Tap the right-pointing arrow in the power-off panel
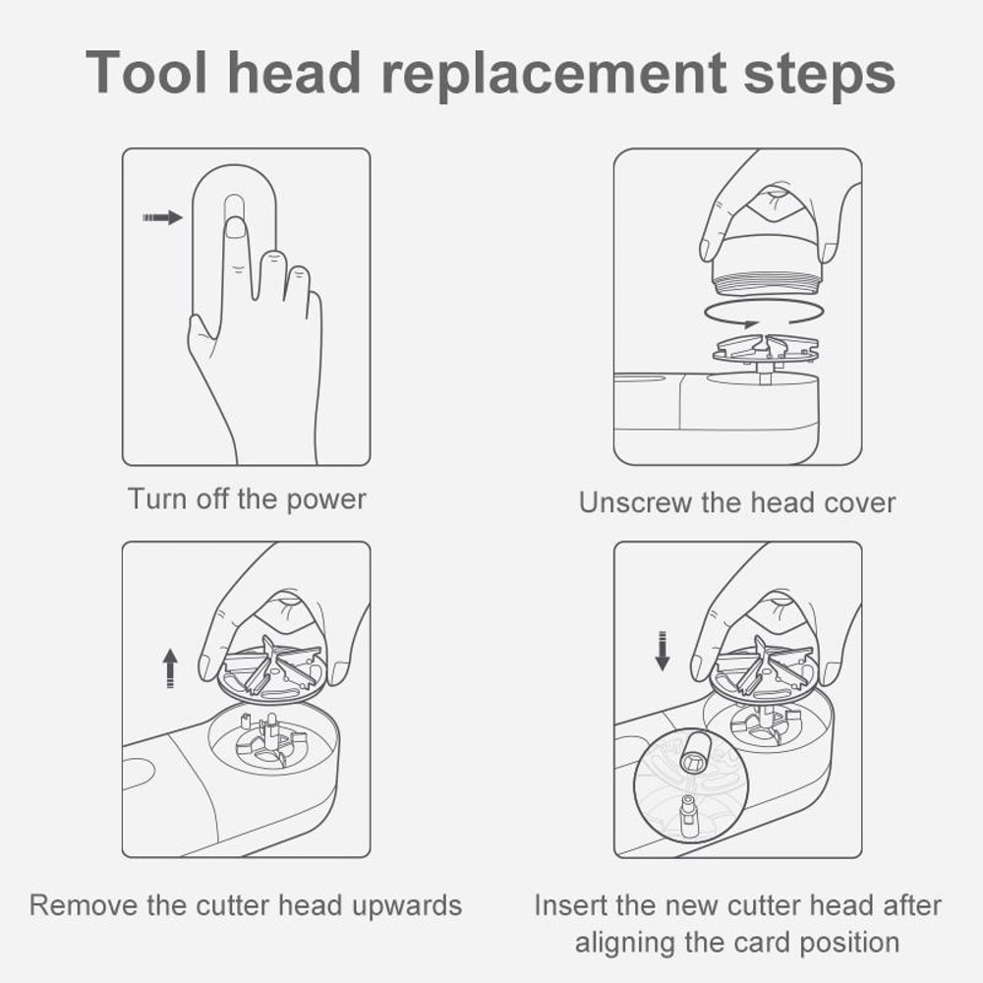point(162,217)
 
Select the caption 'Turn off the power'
point(246,499)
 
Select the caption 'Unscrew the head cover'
point(737,503)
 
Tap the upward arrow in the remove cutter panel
point(170,667)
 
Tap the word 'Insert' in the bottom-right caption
point(570,904)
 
